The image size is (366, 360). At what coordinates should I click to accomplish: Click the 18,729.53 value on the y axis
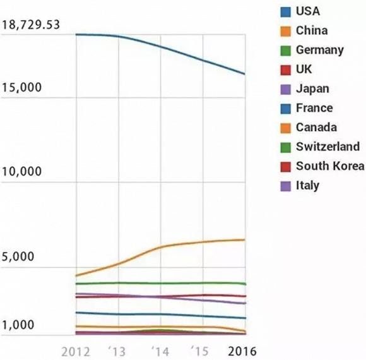[31, 25]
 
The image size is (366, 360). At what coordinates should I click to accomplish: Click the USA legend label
[308, 11]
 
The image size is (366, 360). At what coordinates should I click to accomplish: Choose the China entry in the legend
[312, 30]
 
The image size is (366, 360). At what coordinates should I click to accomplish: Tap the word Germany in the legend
[319, 50]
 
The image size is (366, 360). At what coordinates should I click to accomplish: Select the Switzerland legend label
[328, 147]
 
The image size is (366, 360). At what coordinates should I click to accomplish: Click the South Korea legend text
[329, 166]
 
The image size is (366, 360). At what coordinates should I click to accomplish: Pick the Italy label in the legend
[307, 186]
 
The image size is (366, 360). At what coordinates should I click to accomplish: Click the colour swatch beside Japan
[285, 89]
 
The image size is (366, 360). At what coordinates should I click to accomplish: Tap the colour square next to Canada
[285, 128]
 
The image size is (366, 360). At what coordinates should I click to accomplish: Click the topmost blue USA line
[160, 47]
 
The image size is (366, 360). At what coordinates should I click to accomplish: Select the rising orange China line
[160, 247]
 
